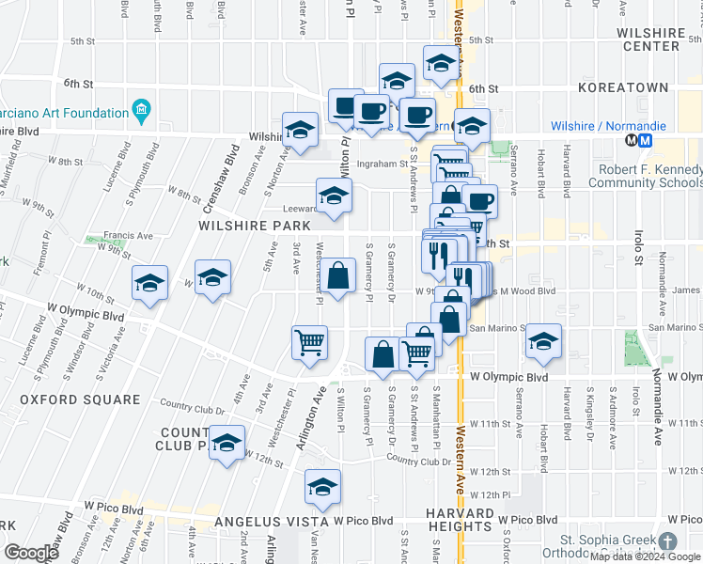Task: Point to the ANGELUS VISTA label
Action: click(x=269, y=521)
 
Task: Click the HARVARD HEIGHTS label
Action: click(x=460, y=520)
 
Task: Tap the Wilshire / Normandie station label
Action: click(x=608, y=126)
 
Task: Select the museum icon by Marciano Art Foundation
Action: click(x=142, y=112)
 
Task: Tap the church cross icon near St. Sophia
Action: click(x=666, y=542)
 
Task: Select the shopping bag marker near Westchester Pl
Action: click(x=339, y=275)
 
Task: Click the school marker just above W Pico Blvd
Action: click(x=322, y=487)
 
